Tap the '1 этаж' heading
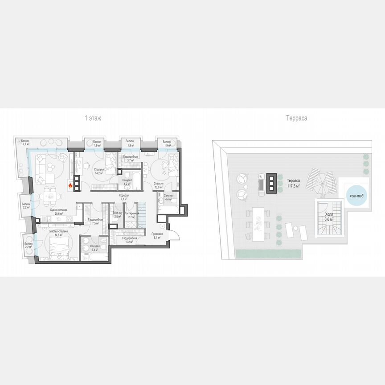coord(93,119)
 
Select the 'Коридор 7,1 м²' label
coord(124,197)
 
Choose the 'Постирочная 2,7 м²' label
coord(131,215)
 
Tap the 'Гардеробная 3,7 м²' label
coord(131,159)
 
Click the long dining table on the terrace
coord(258,225)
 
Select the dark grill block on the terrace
coord(271,183)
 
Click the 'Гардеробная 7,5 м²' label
coord(95,221)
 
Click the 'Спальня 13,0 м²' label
coord(158,185)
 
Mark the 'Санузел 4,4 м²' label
coord(168,197)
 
